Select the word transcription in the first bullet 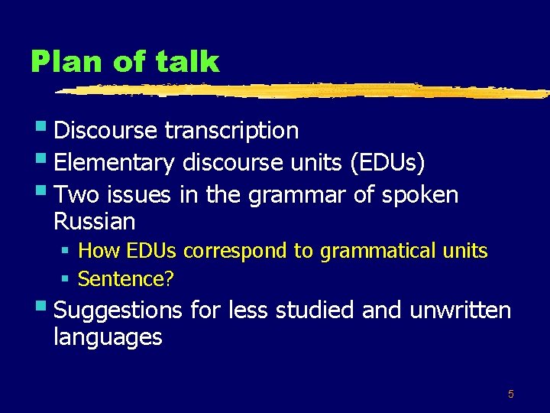point(231,131)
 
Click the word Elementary point(115,163)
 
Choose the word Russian point(94,223)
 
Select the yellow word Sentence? point(126,279)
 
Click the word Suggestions point(118,311)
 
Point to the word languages point(108,337)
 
